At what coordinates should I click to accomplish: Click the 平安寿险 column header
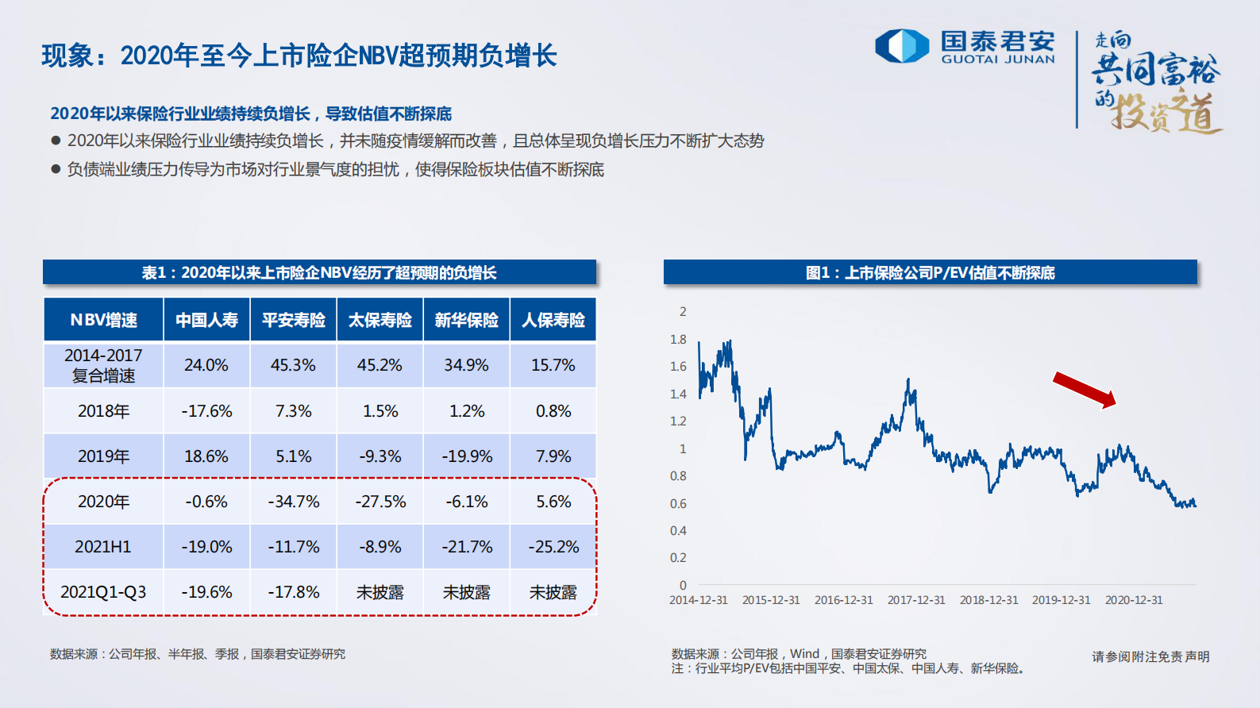click(294, 320)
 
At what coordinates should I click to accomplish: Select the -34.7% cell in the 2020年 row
click(294, 502)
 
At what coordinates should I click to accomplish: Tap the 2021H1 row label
click(103, 547)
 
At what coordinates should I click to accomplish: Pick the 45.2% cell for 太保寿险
click(380, 365)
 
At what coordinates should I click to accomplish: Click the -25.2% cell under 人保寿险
click(553, 547)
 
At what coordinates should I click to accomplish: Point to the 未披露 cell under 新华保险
click(466, 592)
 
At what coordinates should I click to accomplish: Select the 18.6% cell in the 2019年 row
click(206, 456)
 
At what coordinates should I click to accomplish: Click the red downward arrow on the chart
click(1085, 389)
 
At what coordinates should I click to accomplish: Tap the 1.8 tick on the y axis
click(678, 339)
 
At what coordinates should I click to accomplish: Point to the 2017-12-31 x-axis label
click(916, 600)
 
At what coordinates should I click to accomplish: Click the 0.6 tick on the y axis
click(678, 503)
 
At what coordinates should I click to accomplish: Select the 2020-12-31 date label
click(1134, 600)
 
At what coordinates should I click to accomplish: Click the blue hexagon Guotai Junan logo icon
click(901, 45)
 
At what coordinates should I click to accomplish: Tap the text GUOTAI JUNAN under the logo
click(998, 59)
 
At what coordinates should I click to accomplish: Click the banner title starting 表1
click(319, 272)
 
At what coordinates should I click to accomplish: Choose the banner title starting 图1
click(930, 272)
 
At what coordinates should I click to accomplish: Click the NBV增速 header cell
click(103, 320)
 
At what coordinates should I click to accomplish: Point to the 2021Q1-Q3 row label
click(103, 592)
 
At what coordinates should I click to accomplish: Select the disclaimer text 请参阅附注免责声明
click(1150, 656)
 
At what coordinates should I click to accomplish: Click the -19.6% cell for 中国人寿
click(206, 592)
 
